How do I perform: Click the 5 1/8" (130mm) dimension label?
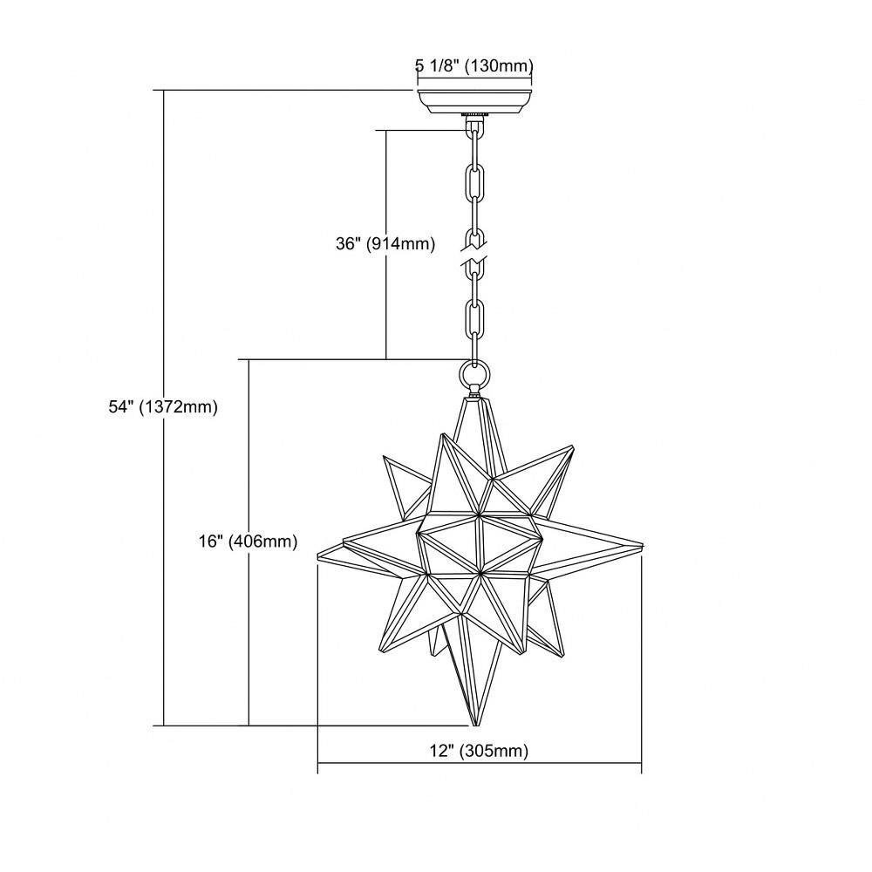(x=474, y=66)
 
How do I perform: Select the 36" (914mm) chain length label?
(x=385, y=243)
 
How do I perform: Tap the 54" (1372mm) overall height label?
(x=163, y=407)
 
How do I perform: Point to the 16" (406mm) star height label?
(x=248, y=542)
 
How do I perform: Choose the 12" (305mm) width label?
(x=479, y=752)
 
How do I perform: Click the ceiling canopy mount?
(x=474, y=101)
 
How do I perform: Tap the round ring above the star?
(x=474, y=374)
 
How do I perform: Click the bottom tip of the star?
(x=475, y=726)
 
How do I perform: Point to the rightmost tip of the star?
(x=643, y=544)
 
